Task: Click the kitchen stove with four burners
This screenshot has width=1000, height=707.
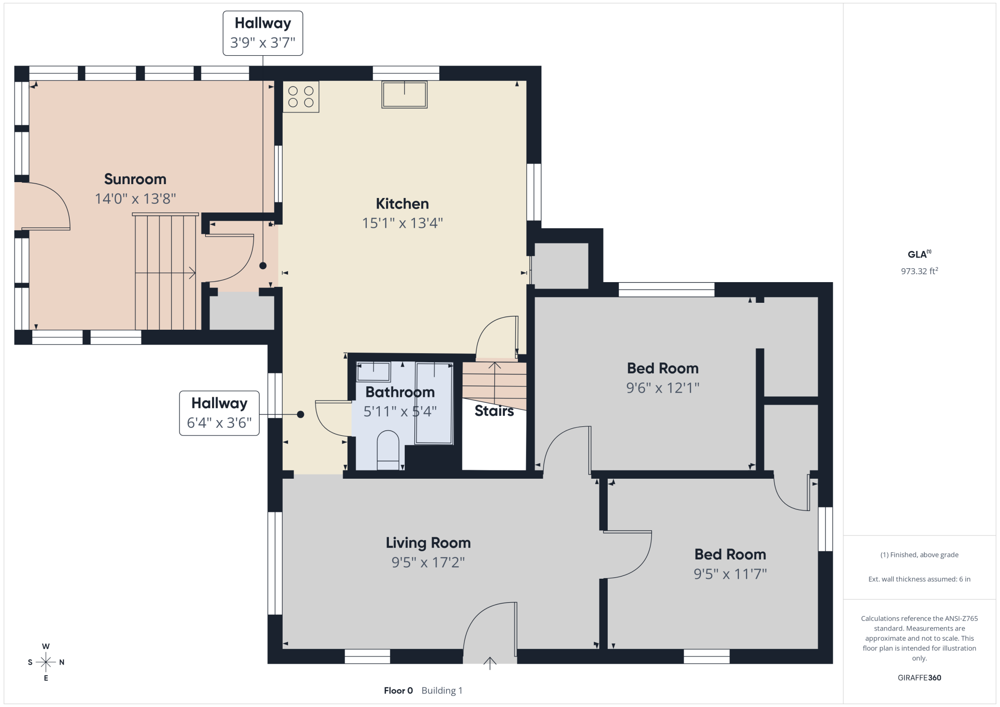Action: pos(301,97)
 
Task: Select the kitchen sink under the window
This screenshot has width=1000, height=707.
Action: pos(404,95)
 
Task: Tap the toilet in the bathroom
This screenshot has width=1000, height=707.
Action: pos(388,450)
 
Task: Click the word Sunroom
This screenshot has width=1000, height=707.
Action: pos(135,179)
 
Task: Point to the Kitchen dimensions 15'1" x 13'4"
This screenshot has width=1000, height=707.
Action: pos(402,223)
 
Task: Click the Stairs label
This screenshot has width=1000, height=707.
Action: pos(494,411)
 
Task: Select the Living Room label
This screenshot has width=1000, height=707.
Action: pos(428,543)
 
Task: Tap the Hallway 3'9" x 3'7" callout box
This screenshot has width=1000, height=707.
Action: pos(263,33)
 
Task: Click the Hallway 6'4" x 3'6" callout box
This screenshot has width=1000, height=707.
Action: pos(219,413)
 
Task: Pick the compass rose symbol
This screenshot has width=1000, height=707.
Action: pos(46,662)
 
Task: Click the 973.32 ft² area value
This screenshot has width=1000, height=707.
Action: pos(919,271)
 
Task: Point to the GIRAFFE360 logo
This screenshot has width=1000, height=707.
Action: pos(919,678)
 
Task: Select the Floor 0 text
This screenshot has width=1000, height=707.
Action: pos(398,691)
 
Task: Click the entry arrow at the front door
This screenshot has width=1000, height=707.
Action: pos(490,663)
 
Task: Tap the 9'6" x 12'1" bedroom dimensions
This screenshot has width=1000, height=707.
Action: pos(662,388)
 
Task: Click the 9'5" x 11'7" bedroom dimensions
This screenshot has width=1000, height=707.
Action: pos(730,574)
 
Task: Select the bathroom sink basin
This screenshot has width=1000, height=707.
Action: pos(374,372)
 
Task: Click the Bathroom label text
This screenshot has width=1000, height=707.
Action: pos(400,392)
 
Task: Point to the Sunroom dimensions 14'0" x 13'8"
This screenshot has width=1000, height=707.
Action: pos(135,198)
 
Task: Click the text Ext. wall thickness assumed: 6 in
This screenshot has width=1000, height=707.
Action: pos(919,579)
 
